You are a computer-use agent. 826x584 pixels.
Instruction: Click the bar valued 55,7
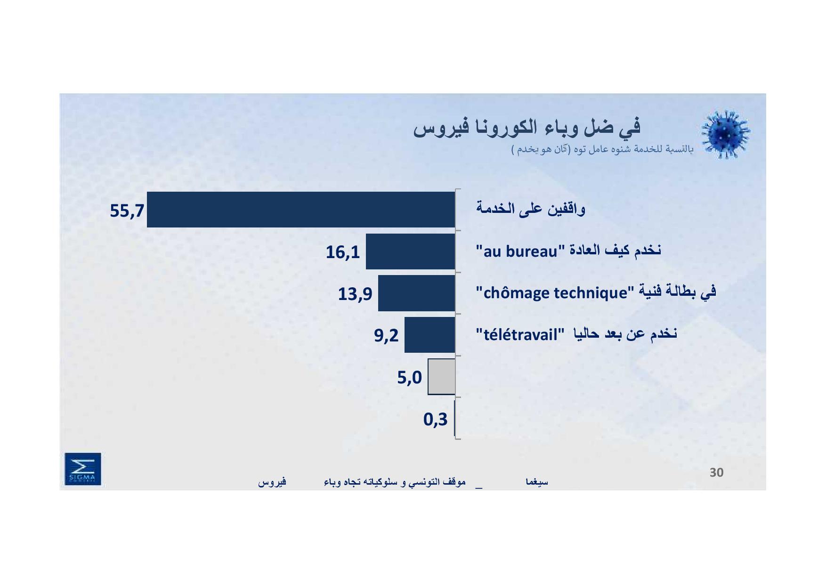(x=301, y=210)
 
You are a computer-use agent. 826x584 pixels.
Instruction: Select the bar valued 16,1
(x=411, y=251)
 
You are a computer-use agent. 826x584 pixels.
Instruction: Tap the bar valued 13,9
(x=417, y=293)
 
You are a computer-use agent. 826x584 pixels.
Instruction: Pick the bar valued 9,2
(x=430, y=335)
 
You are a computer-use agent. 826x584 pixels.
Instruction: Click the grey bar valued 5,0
(x=442, y=377)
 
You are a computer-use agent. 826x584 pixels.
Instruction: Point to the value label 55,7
(x=127, y=211)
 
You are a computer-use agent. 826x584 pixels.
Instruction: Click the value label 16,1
(x=343, y=252)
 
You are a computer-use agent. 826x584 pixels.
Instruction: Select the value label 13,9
(x=355, y=294)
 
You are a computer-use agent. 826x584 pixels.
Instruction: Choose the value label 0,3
(x=436, y=419)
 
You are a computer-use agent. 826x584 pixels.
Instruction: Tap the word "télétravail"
(x=520, y=335)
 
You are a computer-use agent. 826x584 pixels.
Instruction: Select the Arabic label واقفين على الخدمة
(x=530, y=209)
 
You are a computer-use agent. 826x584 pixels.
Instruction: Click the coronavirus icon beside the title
(x=726, y=135)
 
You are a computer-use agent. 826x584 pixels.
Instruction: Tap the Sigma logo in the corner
(x=83, y=469)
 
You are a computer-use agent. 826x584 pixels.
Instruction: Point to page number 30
(x=716, y=472)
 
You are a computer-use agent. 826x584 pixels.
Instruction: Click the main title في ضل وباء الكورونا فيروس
(x=527, y=128)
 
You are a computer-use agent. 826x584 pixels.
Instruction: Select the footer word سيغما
(x=537, y=482)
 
